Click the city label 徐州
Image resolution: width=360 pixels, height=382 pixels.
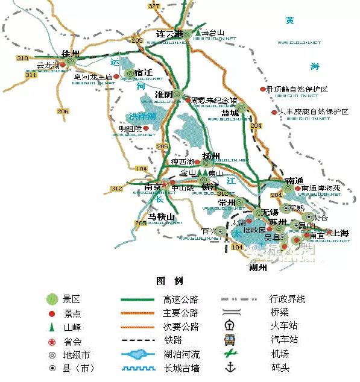(71, 53)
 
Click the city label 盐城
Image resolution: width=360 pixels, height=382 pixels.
(230, 113)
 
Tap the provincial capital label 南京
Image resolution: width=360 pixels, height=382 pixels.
(153, 186)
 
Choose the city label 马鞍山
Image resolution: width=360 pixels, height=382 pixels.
(162, 216)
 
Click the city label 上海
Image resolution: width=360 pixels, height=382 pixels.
(341, 233)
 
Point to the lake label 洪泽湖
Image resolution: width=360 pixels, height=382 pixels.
(142, 116)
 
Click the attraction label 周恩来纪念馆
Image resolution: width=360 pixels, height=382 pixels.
(214, 101)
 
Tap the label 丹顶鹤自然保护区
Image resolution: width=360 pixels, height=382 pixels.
(300, 89)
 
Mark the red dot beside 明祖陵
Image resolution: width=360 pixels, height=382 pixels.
(145, 128)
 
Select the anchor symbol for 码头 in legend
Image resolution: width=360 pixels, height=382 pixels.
(229, 368)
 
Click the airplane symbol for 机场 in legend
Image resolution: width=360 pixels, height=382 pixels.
(229, 354)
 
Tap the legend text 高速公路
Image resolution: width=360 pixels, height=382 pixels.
(180, 299)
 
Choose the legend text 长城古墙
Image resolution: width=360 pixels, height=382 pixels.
(180, 368)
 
